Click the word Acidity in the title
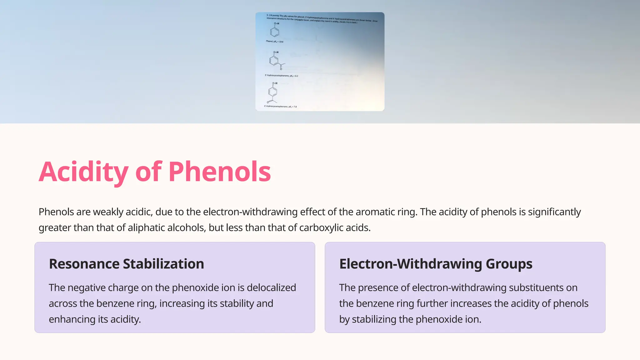[83, 172]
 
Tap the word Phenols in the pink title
[219, 172]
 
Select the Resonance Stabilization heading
[126, 264]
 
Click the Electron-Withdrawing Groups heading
[436, 264]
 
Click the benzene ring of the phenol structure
[274, 32]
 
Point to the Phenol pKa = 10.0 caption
[274, 41]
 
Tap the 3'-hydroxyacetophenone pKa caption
[281, 76]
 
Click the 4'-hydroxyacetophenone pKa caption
[280, 107]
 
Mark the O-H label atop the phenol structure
[276, 23]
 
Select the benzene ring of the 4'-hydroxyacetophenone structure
[272, 92]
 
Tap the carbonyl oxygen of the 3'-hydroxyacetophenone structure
[281, 69]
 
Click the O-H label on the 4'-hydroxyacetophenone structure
[274, 83]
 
